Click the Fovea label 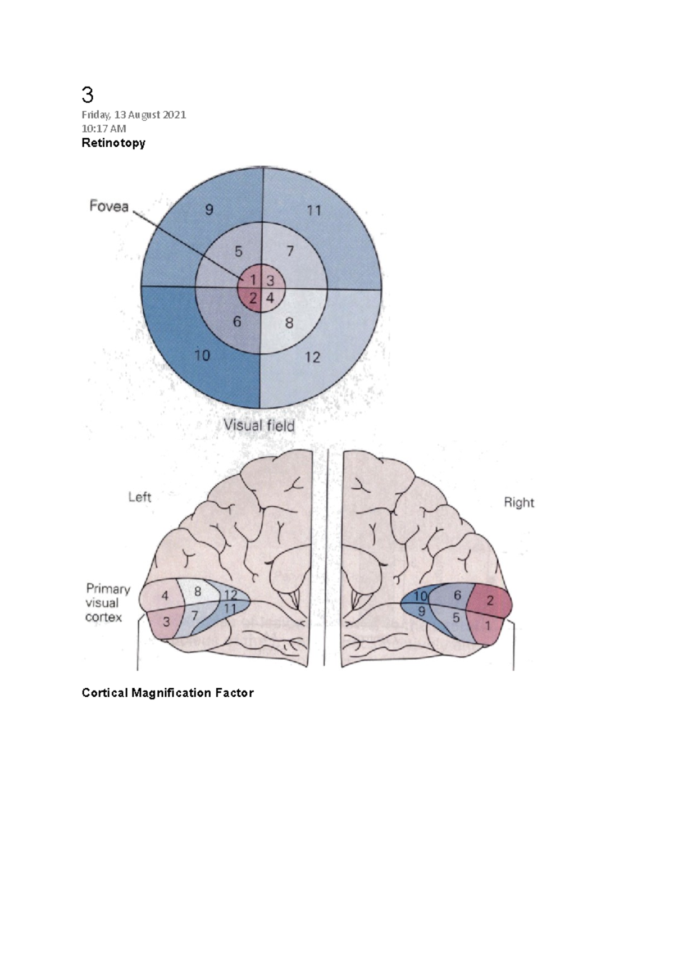pos(109,206)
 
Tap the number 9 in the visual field pos(209,210)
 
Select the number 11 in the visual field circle pos(314,211)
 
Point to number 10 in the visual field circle pos(202,355)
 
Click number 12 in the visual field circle pos(312,357)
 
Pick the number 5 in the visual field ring pos(239,251)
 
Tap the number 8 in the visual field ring pos(289,323)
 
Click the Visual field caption pos(259,425)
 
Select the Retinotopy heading pos(113,143)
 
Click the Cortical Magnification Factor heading pos(167,693)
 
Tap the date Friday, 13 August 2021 pos(134,115)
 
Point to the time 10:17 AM pos(104,128)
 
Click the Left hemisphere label pos(140,497)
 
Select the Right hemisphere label pos(519,502)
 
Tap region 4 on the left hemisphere pos(165,596)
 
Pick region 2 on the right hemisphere pos(490,601)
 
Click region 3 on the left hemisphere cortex pos(166,622)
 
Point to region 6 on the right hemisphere pos(458,595)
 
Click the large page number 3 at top pos(88,95)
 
